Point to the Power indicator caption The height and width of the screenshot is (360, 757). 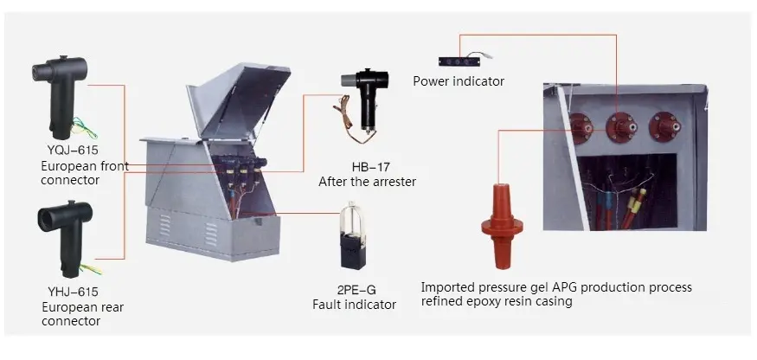click(458, 81)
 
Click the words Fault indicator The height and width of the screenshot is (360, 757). click(354, 305)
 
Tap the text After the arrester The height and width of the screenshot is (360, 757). click(367, 182)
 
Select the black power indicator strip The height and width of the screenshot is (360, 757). click(464, 61)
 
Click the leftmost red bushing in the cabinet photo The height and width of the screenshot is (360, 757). click(581, 130)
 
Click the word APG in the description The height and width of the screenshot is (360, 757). click(567, 287)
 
